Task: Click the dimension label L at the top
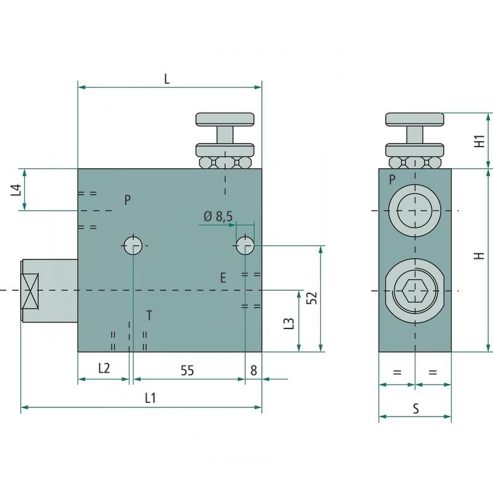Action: coord(167,78)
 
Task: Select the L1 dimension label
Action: coord(150,398)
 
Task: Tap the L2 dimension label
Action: coord(104,369)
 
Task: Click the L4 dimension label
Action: coord(17,190)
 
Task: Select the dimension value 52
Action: coord(312,298)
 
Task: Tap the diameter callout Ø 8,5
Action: coord(218,216)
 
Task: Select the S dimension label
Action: coord(415,407)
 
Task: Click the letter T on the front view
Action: coord(149,316)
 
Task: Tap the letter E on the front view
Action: coord(223,277)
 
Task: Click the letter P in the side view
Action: coord(392,180)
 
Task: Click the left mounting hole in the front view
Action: coord(132,245)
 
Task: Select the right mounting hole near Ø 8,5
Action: coord(245,245)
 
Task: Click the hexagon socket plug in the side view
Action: coord(414,290)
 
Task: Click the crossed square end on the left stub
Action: coord(30,290)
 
